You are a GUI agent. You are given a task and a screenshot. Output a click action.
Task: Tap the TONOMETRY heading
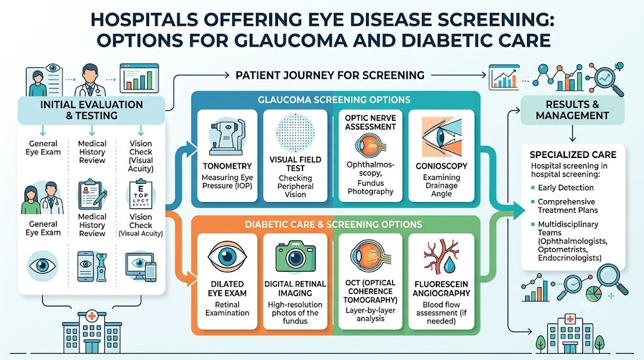click(227, 166)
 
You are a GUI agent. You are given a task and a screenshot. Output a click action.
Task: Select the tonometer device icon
click(227, 137)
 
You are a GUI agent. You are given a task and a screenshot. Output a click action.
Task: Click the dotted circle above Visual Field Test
click(296, 133)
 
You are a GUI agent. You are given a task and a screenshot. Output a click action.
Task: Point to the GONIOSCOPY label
click(441, 166)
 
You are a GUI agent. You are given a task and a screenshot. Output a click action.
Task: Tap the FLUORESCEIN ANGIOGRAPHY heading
click(441, 288)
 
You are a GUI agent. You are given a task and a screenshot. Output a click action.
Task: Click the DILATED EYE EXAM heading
click(227, 288)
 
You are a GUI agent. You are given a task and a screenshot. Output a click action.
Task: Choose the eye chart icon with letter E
click(140, 194)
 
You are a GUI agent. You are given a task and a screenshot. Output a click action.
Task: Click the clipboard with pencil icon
click(92, 194)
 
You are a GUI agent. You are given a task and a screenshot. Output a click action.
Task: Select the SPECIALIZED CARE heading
click(573, 155)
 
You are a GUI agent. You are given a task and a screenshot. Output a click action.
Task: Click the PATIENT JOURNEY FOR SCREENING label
click(330, 75)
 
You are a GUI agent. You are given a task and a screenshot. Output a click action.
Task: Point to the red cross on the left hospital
click(92, 317)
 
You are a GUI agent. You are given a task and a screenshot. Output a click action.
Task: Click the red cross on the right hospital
click(570, 319)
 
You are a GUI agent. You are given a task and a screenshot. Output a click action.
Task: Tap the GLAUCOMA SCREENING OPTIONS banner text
click(334, 100)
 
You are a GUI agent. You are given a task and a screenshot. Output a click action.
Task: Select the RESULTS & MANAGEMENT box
click(572, 110)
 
